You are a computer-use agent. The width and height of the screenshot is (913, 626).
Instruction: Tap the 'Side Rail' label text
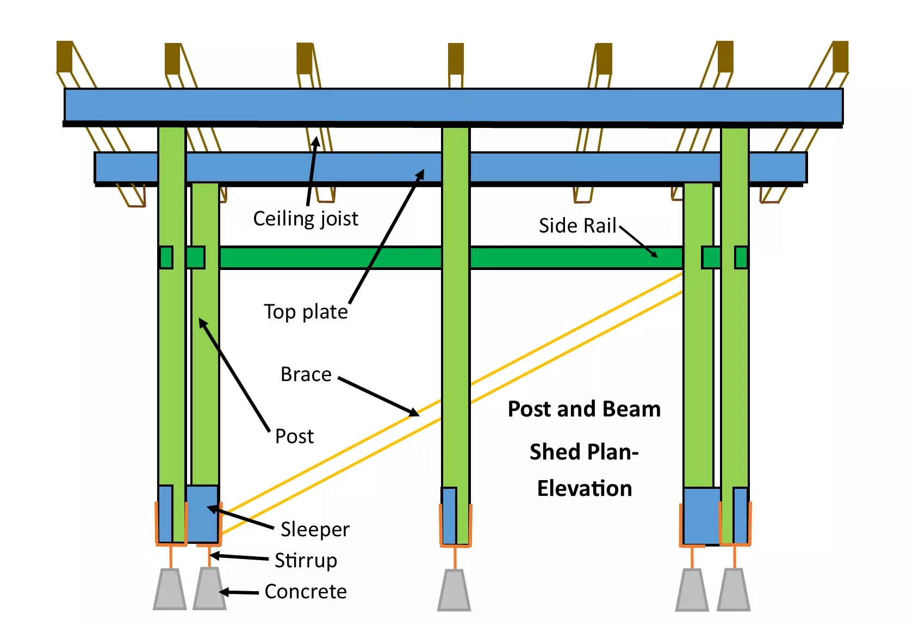(577, 225)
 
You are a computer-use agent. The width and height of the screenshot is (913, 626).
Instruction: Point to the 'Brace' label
(306, 374)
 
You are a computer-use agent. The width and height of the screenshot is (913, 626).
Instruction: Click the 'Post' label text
(294, 436)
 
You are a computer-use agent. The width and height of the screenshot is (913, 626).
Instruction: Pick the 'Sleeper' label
(315, 529)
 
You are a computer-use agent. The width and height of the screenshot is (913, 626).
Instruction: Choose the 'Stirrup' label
(306, 560)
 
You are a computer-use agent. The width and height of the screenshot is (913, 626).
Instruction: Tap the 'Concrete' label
(306, 592)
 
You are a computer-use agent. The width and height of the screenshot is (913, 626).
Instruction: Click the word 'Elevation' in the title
(585, 488)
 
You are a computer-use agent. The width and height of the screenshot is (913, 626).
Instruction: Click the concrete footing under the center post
(454, 590)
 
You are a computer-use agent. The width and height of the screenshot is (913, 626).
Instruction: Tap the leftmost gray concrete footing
(170, 590)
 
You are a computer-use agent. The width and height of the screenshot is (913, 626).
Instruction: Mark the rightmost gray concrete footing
(733, 590)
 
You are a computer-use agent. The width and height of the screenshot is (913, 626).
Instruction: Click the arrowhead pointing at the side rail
(654, 254)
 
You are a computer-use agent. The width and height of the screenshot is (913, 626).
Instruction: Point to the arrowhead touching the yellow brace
(414, 412)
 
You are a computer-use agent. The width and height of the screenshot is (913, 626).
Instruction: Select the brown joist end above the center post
(456, 59)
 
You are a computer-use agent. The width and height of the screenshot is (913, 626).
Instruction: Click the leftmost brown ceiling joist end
(64, 57)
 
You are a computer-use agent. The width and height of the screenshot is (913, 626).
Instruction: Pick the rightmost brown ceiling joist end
(841, 57)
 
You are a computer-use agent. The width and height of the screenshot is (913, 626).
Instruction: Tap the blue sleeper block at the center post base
(449, 515)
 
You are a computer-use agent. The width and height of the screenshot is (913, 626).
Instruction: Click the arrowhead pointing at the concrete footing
(224, 592)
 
